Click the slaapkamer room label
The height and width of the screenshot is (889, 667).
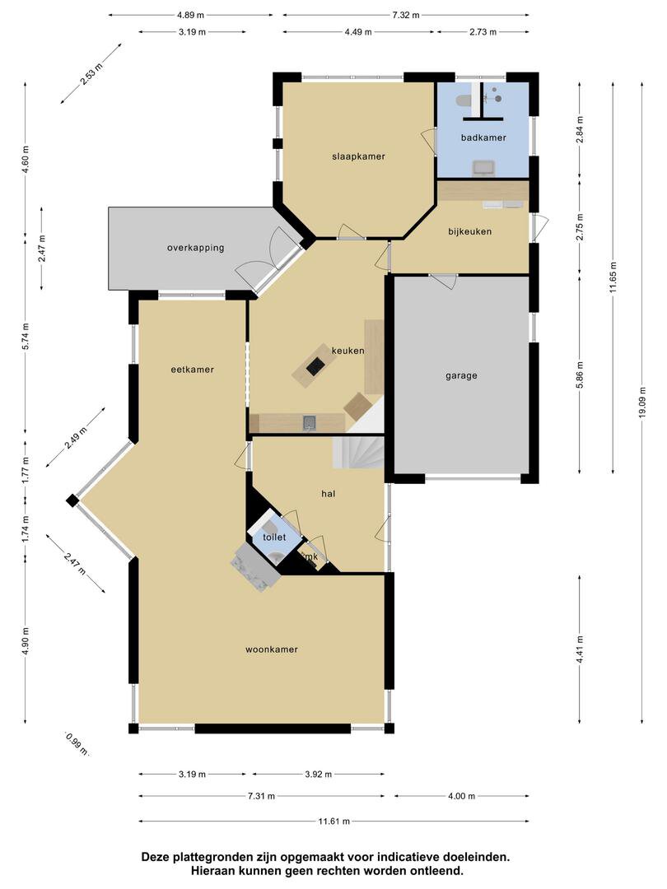[358, 156]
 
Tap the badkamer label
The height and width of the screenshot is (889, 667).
[483, 137]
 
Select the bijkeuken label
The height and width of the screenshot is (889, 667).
[469, 231]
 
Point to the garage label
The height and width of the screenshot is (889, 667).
[461, 375]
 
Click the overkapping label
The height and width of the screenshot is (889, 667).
[196, 248]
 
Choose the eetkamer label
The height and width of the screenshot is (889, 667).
[192, 370]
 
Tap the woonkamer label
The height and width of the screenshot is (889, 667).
[272, 649]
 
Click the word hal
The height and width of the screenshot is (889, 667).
[329, 494]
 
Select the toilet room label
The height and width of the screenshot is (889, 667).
[274, 537]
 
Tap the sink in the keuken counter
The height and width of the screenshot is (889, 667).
[309, 421]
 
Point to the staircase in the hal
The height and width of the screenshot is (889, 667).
[358, 452]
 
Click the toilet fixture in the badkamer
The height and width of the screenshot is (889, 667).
[464, 100]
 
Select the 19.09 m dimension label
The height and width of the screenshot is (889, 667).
[642, 403]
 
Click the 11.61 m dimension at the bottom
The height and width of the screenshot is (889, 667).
[333, 821]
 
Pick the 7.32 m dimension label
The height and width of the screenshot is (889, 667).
[405, 16]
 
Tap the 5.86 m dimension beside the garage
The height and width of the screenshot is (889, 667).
[579, 375]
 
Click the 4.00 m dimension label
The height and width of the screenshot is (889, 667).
[461, 796]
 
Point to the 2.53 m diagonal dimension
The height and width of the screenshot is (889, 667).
[91, 74]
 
